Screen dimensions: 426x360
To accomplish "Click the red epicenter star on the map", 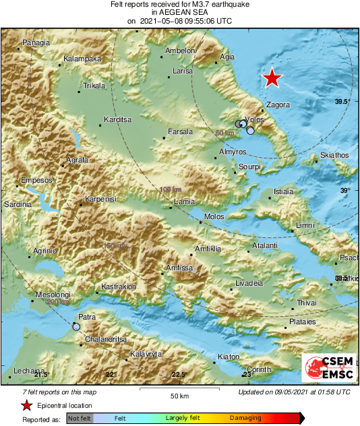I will [x=272, y=78].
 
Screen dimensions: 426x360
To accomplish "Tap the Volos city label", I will [x=254, y=119].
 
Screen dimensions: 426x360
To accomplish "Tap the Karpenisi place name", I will [x=101, y=200].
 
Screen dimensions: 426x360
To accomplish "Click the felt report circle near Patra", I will [x=77, y=326].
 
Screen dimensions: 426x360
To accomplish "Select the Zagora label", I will [x=278, y=105].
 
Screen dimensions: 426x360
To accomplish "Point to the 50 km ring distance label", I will [x=224, y=133].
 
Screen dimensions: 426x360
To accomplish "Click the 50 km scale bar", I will [x=178, y=390].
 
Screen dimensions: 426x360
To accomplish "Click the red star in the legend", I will [x=26, y=405].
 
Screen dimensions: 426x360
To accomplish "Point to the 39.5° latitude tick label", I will [x=342, y=101].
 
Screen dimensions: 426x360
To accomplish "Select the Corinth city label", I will [x=258, y=369].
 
